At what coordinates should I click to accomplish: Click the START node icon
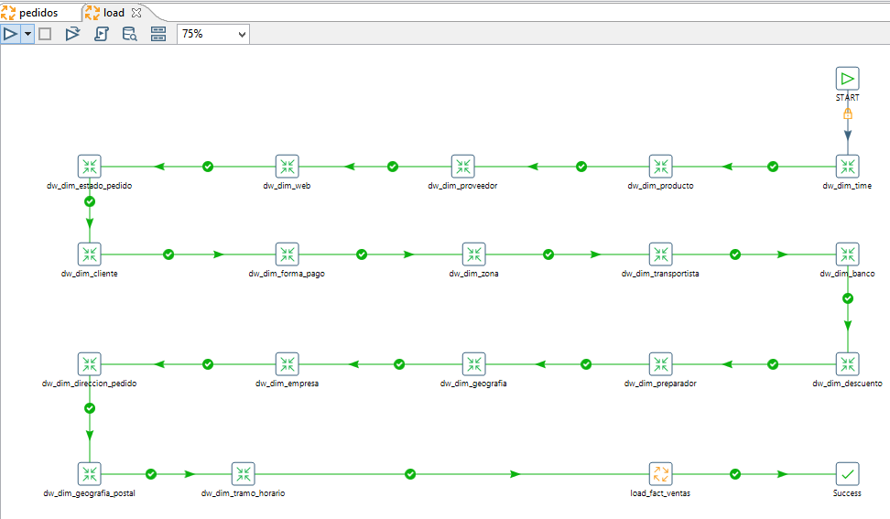click(x=848, y=79)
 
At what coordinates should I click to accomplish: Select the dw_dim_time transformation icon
click(x=848, y=167)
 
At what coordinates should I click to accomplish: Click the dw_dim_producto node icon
click(x=661, y=167)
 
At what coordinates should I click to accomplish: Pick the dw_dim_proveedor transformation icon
click(x=462, y=167)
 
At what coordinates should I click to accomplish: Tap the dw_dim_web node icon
click(x=288, y=167)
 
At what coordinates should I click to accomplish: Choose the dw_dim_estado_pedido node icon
click(x=89, y=167)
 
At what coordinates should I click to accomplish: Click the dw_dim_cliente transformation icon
click(x=89, y=254)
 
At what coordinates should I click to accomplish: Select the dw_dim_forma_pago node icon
click(x=288, y=254)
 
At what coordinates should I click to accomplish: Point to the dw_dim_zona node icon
click(x=474, y=254)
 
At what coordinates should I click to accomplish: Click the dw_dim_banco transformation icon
click(x=848, y=254)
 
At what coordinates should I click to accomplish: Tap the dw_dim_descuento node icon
click(x=848, y=364)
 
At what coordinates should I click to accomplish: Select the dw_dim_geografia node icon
click(x=474, y=364)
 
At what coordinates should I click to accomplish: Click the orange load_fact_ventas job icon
click(x=661, y=473)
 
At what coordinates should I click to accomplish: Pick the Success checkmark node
click(x=848, y=473)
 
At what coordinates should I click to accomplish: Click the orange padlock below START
click(x=848, y=114)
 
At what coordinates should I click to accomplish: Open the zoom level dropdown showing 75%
click(x=213, y=34)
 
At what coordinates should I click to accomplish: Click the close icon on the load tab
click(x=136, y=13)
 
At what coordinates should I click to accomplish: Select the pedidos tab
click(x=31, y=13)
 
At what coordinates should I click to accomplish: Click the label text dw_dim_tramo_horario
click(x=243, y=492)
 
